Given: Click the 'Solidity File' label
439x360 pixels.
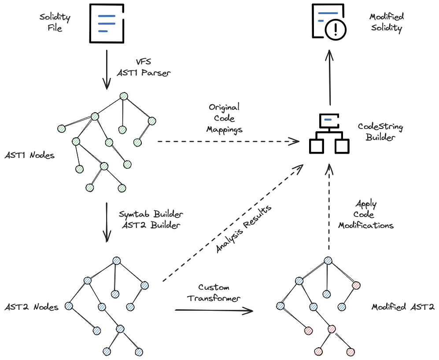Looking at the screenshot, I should coord(55,23).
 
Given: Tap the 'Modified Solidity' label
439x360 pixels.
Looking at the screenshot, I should coord(387,22).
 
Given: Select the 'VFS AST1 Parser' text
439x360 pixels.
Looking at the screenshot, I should coord(143,67).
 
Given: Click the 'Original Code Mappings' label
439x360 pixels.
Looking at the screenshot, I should coord(224,118).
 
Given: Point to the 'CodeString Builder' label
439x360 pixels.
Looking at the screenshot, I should coord(380,132).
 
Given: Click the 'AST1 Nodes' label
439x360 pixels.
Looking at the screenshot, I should coord(30,155).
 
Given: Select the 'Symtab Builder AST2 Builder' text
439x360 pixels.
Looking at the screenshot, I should coord(151,220).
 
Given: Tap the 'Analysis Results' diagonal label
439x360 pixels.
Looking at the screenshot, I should coord(243,229).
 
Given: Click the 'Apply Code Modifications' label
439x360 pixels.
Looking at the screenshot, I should coord(365,215).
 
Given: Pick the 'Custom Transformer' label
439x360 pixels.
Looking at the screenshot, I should coord(214,293).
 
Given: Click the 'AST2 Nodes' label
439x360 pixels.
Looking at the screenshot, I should coord(31,307).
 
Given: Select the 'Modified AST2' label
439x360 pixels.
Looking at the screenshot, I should coord(402,307).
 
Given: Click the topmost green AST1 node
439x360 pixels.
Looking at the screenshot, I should coord(124,96).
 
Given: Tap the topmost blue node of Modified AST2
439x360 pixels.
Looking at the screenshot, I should coord(328,261).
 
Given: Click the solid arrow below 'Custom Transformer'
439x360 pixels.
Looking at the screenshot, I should coord(214,310).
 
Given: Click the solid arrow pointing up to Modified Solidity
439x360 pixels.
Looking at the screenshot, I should coord(330,77).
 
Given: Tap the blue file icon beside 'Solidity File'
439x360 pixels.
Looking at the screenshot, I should coord(106,23).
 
